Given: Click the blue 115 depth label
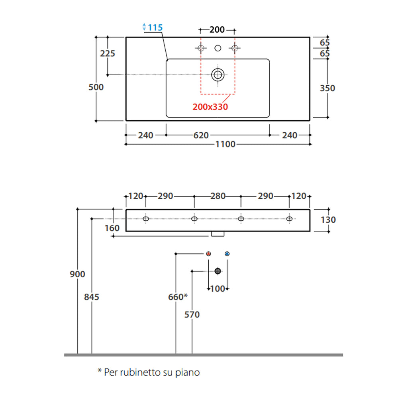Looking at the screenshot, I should coord(155,27).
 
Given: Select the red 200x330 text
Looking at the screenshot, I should coord(210,107).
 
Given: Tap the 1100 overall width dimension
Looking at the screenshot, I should coord(226,144).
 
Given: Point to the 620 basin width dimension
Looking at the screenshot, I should coord(201,135).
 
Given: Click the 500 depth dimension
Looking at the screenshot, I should coord(96,87).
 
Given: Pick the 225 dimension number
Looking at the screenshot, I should coord(108,53).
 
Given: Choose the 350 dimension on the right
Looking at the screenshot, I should coord(328,88).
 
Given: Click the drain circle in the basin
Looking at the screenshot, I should coord(218,74).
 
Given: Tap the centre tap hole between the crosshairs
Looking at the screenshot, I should coord(218,48).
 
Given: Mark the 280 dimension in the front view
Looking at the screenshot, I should coord(218,196).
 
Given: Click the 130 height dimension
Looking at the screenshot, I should coord(328,220).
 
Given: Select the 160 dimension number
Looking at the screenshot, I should coord(112,228).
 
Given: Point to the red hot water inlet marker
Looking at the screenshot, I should coord(209,253).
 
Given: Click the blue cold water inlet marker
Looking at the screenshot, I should coord(227,253).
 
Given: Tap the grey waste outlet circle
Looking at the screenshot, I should coord(218,271).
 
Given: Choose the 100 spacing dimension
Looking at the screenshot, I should coord(218,289).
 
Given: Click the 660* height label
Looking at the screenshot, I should coord(178,297).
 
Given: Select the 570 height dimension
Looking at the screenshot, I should coord(192,315).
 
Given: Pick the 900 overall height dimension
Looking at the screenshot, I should coord(77,274).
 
